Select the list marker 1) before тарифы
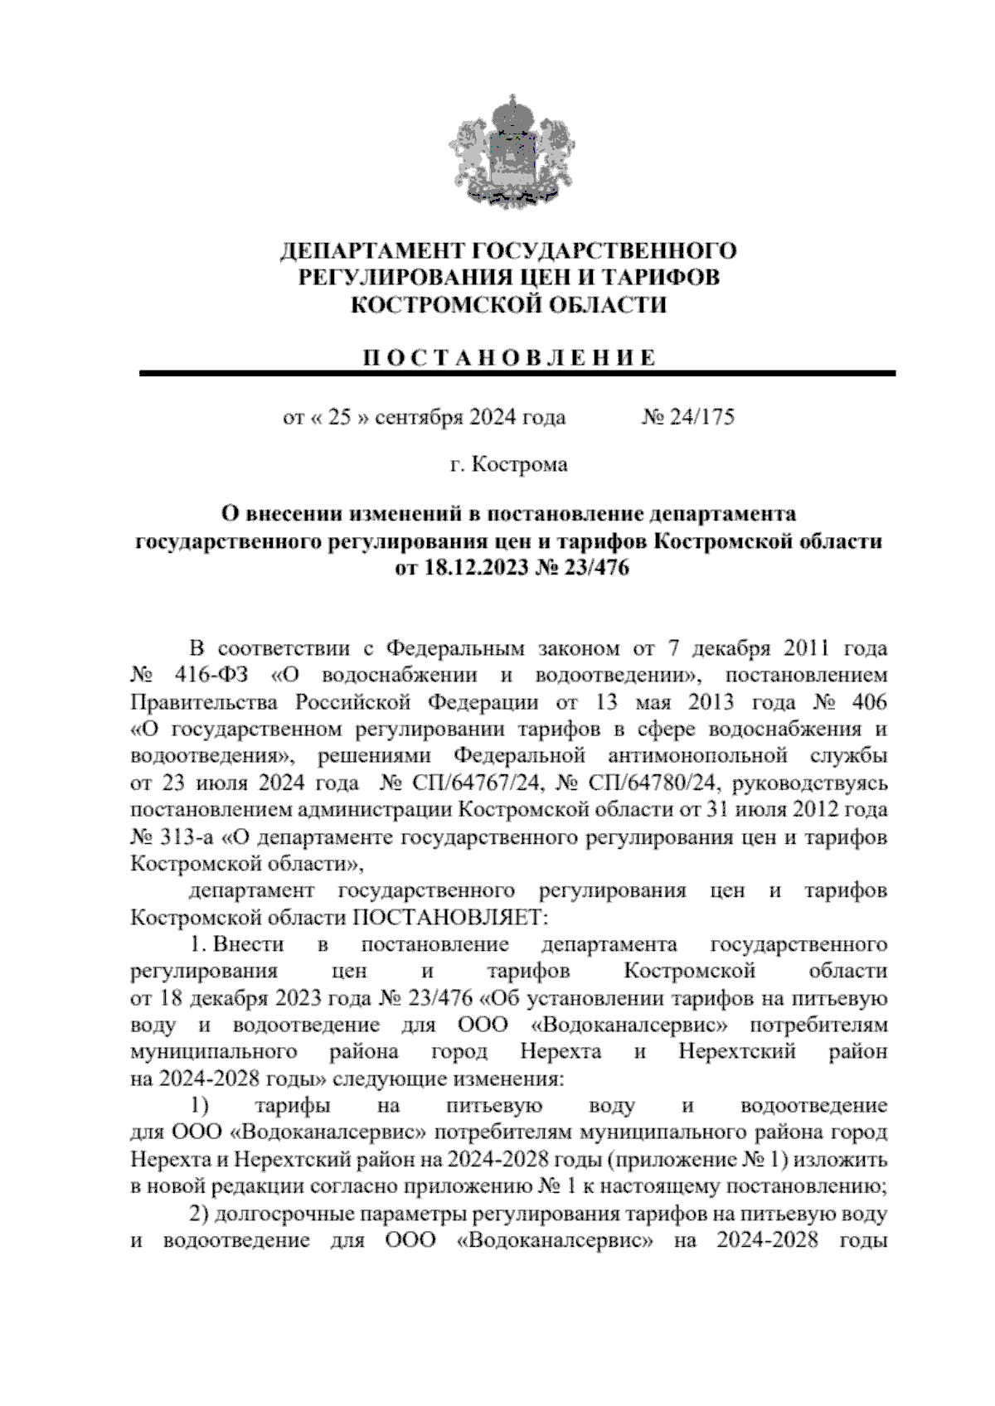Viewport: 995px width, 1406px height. [200, 1106]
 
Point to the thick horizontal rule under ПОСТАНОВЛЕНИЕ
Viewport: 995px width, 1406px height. [517, 374]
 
